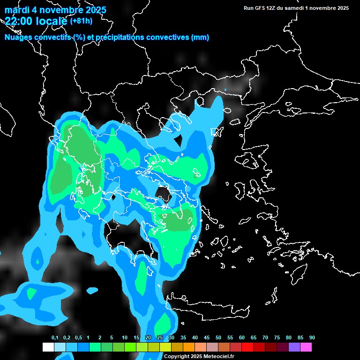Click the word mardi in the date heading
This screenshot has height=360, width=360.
[x=17, y=10]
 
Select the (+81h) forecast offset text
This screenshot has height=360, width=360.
[x=81, y=21]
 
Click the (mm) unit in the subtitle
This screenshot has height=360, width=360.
[x=200, y=37]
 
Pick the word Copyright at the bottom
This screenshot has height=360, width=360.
[x=176, y=357]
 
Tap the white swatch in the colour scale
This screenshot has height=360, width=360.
[x=48, y=347]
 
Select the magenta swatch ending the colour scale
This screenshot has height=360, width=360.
[x=306, y=347]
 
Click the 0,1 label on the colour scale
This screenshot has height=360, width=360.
[x=55, y=338]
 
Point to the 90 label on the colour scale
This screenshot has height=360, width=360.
[x=312, y=338]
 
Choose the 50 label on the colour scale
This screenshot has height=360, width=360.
[x=218, y=338]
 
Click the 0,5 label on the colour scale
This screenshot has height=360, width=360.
[x=78, y=338]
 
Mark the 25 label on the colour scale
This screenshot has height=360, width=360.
[x=160, y=338]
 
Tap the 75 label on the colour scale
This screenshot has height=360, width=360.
[x=277, y=338]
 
